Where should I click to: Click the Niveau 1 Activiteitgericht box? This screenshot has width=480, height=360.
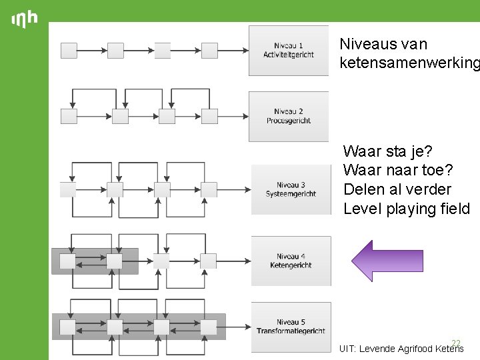pyautogui.click(x=289, y=50)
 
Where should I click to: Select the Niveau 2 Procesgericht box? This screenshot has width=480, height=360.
pyautogui.click(x=289, y=116)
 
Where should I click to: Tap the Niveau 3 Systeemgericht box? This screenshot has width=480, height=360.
pyautogui.click(x=291, y=189)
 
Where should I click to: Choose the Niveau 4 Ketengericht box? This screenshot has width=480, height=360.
pyautogui.click(x=291, y=261)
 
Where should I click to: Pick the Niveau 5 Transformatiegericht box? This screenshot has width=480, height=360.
pyautogui.click(x=291, y=327)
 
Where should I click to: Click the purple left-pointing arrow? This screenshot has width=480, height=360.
pyautogui.click(x=387, y=261)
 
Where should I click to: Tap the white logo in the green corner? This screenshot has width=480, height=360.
pyautogui.click(x=25, y=19)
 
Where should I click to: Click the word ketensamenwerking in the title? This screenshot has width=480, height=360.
pyautogui.click(x=409, y=63)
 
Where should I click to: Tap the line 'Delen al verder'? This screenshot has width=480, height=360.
pyautogui.click(x=397, y=189)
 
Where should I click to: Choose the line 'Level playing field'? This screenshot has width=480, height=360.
pyautogui.click(x=407, y=209)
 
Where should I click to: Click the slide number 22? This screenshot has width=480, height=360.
pyautogui.click(x=456, y=343)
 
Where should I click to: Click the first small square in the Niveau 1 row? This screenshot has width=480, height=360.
pyautogui.click(x=69, y=51)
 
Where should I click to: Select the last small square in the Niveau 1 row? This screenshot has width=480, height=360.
pyautogui.click(x=209, y=51)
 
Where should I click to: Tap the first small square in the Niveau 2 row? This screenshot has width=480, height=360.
pyautogui.click(x=69, y=116)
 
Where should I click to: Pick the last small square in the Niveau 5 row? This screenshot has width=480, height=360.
pyautogui.click(x=209, y=327)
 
